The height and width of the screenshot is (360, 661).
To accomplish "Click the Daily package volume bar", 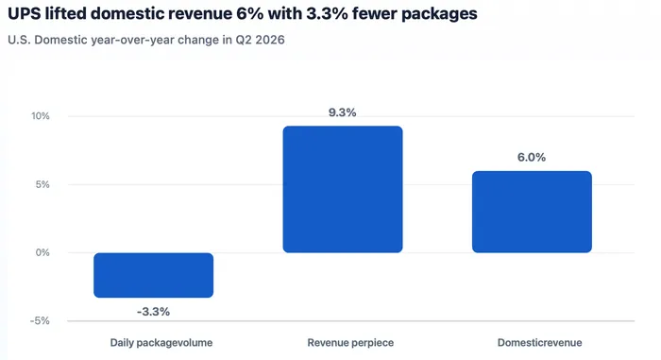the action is (153, 275).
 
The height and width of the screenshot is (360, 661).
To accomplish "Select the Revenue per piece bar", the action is (343, 189).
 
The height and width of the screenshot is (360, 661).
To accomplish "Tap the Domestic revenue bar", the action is (532, 212).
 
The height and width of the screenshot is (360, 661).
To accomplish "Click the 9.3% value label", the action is (342, 112).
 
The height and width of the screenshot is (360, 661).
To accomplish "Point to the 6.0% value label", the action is (532, 158).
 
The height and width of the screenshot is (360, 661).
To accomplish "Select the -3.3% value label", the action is (153, 312).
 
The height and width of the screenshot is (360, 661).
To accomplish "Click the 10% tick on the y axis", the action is (41, 116).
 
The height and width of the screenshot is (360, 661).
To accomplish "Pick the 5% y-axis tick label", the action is (42, 184).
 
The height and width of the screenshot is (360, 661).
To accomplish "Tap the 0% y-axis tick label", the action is (42, 253).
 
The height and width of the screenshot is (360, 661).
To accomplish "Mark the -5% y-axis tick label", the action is (40, 321).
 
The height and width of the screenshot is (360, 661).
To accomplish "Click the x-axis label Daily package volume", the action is (161, 343).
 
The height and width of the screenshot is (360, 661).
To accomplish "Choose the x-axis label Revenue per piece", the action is (350, 343).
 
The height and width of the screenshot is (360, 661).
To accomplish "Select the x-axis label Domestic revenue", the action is (539, 343).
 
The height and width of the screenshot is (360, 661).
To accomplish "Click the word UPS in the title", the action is (24, 14).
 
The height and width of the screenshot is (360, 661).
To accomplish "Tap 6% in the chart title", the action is (249, 14).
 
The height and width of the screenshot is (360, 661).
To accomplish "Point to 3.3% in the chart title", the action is (327, 14).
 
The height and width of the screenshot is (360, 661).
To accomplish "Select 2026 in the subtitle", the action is (270, 40).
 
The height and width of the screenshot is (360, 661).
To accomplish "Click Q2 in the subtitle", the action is (244, 40).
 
